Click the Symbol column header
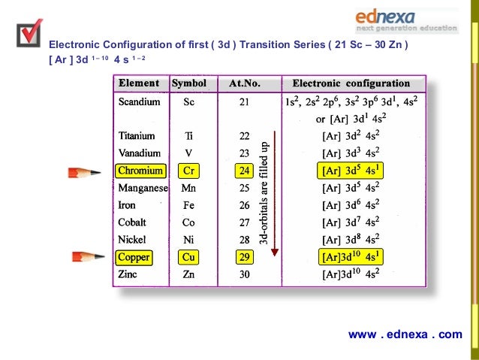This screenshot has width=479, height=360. tap(188, 83)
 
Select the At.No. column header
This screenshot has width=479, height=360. tap(245, 83)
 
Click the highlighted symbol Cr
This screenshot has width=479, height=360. tap(188, 171)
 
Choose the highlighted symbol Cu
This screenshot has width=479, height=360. tap(188, 257)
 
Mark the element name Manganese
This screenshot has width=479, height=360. tap(143, 188)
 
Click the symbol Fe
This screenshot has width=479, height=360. tap(188, 205)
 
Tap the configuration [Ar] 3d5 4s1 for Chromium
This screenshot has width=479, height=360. tap(351, 170)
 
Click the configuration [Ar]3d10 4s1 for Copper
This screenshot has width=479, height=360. tap(351, 256)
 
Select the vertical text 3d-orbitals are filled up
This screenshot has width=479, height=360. tap(264, 194)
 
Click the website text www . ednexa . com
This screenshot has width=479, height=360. tap(405, 334)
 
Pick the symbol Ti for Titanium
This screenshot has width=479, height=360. tap(188, 136)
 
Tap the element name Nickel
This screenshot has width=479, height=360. tap(133, 240)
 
